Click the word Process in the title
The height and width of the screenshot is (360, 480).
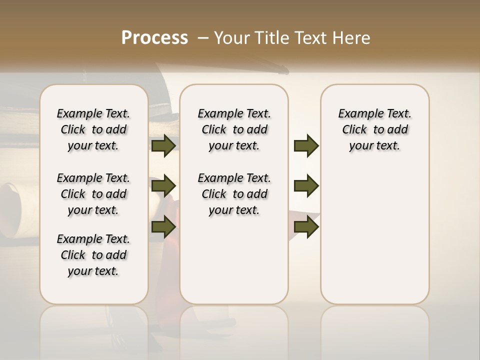pyautogui.click(x=154, y=38)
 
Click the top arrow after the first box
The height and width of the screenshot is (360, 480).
pyautogui.click(x=163, y=145)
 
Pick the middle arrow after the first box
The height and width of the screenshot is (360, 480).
pyautogui.click(x=163, y=186)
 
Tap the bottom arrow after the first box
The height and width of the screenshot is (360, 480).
pyautogui.click(x=163, y=226)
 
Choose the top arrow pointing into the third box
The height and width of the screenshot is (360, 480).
pyautogui.click(x=306, y=145)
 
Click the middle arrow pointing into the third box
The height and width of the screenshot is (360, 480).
pyautogui.click(x=306, y=186)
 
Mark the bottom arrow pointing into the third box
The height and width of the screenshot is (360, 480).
pyautogui.click(x=306, y=226)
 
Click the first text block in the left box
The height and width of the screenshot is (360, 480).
pyautogui.click(x=93, y=129)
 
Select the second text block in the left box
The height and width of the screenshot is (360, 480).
pyautogui.click(x=93, y=194)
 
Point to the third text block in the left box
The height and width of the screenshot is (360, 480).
pyautogui.click(x=93, y=255)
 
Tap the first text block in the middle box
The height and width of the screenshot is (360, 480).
pyautogui.click(x=234, y=129)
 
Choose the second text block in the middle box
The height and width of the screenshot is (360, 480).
pyautogui.click(x=234, y=194)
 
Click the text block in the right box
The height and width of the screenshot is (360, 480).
pyautogui.click(x=374, y=129)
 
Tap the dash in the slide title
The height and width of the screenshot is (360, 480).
pyautogui.click(x=203, y=38)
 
